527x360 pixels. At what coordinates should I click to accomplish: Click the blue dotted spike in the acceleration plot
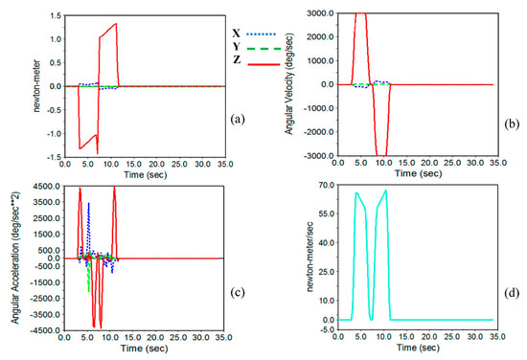coord(88,206)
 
